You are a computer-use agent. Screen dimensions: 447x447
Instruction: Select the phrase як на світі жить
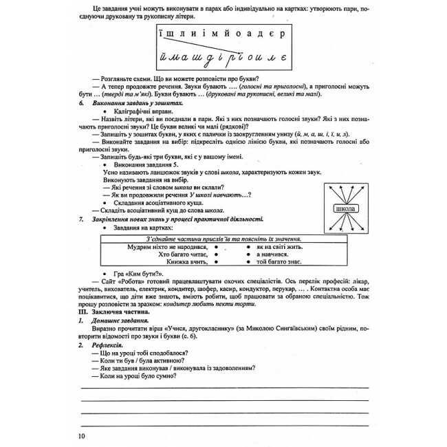click(x=275, y=246)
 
